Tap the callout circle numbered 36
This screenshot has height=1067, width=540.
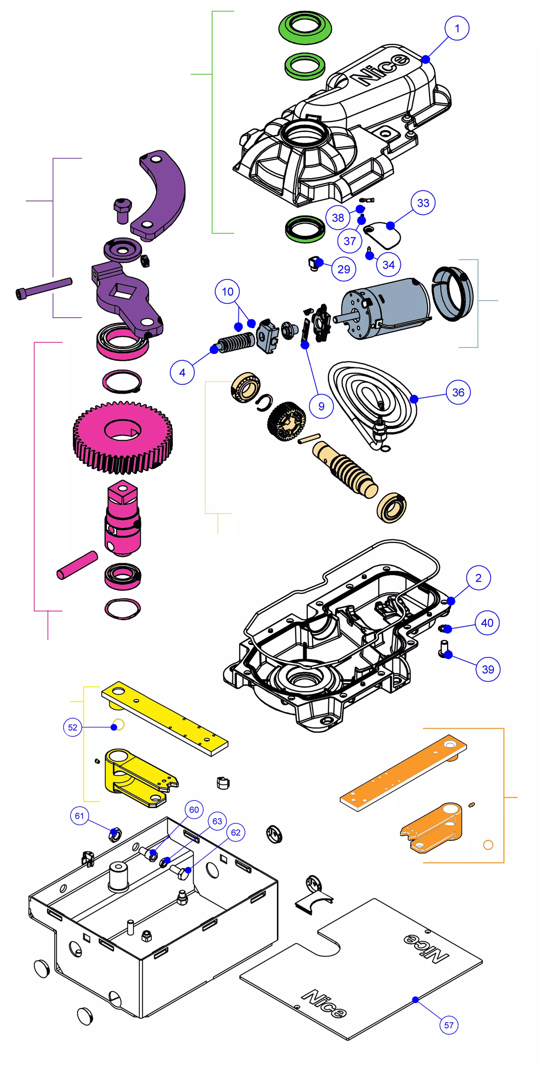(x=458, y=392)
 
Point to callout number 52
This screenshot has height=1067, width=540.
(x=72, y=727)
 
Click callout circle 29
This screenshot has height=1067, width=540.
(x=344, y=269)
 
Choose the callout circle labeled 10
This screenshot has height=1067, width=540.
(x=227, y=292)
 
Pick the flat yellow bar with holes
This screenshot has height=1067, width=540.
(x=165, y=719)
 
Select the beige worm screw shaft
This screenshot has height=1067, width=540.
(x=346, y=468)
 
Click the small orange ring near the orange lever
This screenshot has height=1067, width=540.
(x=488, y=845)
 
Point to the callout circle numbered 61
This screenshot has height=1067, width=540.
(x=79, y=816)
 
